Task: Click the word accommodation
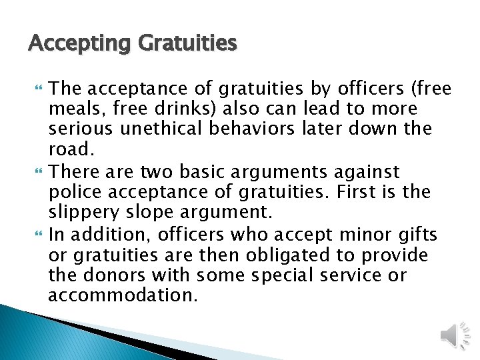pos(123,295)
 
